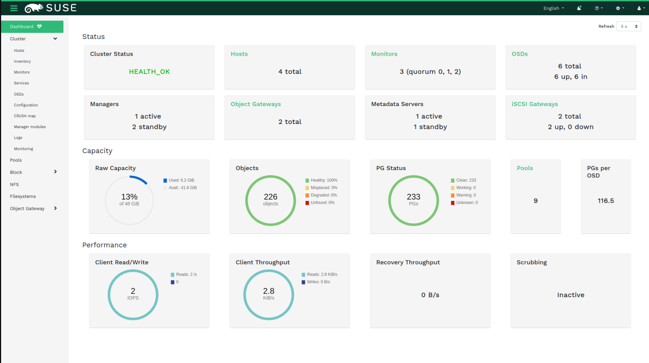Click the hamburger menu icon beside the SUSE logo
coord(14,8)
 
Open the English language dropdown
coord(553,8)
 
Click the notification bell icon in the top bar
coord(579,8)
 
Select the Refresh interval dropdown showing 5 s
coord(628,27)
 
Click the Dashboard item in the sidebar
coord(32,27)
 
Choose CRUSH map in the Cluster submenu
coord(25,116)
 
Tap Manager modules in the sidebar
coord(30,127)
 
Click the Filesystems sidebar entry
coord(23,196)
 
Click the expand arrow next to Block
coord(55,172)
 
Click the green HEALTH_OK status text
coord(149,72)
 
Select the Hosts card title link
coord(239,54)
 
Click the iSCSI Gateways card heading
coord(534,104)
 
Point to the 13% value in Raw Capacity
coord(129,197)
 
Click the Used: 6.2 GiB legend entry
coord(181,180)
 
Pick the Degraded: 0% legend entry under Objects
coord(323,195)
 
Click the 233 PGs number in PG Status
coord(414,197)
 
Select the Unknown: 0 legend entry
coord(467,203)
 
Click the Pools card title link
coord(525,168)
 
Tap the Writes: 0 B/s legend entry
coord(318,282)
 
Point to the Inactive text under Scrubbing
coord(571,295)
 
